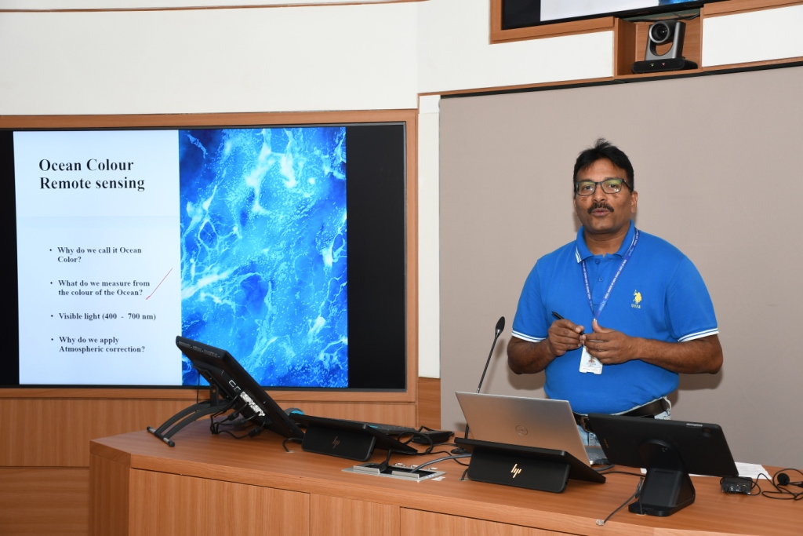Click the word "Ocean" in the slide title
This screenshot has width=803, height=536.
pos(60,165)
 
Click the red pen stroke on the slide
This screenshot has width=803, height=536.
pos(158,284)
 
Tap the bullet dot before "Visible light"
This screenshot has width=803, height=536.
pos(52,316)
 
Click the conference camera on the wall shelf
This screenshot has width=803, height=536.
pos(663,46)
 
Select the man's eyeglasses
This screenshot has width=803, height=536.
pos(601,187)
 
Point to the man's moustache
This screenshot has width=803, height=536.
pos(600,207)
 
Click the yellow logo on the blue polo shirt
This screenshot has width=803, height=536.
pos(637,299)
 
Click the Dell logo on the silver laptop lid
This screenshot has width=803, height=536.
pos(521,429)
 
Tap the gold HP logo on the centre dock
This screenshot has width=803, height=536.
pos(516,471)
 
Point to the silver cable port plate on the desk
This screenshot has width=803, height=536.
pos(394,472)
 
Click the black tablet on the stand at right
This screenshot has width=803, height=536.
pos(662,444)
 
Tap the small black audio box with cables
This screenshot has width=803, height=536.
pos(736,485)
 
